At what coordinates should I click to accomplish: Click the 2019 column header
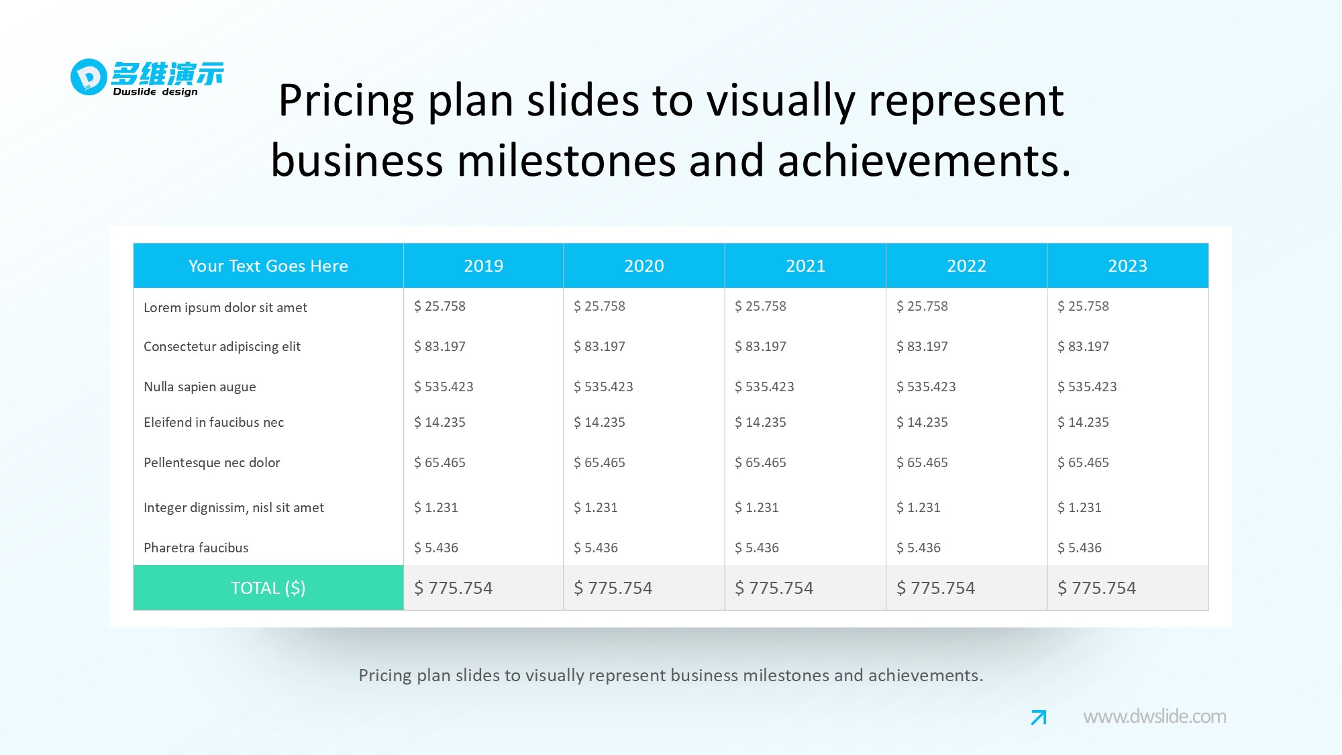coord(483,266)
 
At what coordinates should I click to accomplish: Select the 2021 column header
coord(805,266)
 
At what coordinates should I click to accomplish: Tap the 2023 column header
coord(1127,266)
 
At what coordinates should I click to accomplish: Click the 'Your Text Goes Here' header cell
coord(268,266)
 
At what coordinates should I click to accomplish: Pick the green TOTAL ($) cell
coord(268,588)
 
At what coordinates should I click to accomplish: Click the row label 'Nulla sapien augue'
coord(199,387)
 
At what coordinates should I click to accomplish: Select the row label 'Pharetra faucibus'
coord(196,548)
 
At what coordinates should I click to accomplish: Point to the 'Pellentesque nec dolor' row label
coord(211,462)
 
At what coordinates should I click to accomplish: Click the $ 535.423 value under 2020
coord(603,387)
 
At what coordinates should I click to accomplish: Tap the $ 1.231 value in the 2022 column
coord(918,507)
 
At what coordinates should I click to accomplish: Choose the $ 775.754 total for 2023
coord(1096,588)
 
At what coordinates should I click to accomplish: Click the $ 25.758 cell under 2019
coord(440,306)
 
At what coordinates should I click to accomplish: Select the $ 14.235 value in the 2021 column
coord(760,422)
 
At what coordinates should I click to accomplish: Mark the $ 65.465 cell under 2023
coord(1083,462)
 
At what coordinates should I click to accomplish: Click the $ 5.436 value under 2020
coord(596,548)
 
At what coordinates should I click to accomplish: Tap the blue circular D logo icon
coord(89,77)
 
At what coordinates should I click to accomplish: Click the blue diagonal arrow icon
coord(1038,717)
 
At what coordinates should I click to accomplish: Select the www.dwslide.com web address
coord(1154,717)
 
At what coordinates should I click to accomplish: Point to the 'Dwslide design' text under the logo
coord(155,92)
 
